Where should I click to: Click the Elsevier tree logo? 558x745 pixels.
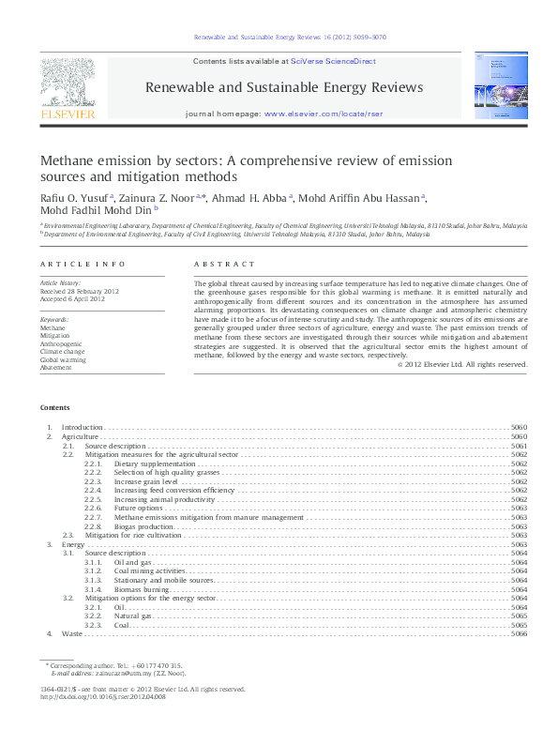[x=67, y=84]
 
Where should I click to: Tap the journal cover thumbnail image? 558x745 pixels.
[x=493, y=87]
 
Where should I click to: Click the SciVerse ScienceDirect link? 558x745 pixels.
[x=333, y=61]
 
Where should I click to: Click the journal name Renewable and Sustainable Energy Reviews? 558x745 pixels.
[x=283, y=87]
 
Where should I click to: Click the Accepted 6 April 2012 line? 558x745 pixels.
[x=72, y=297]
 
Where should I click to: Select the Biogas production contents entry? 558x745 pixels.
[x=143, y=527]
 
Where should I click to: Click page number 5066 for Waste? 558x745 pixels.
[x=519, y=634]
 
